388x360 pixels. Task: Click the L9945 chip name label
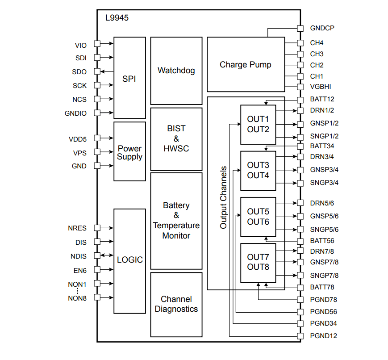point(117,18)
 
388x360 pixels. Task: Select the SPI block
point(129,79)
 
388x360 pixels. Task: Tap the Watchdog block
point(176,71)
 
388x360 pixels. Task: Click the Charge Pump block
point(246,65)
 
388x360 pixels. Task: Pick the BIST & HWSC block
point(176,138)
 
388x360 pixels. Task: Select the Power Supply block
point(129,152)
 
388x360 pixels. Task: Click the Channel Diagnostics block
point(176,304)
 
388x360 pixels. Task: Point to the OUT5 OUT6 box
point(258,217)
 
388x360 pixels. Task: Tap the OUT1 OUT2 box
point(258,125)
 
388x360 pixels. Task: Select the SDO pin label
point(79,71)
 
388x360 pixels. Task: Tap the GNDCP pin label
point(322,28)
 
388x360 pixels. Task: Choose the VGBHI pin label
point(321,87)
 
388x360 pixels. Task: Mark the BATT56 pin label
point(322,241)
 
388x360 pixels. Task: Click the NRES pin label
point(77,228)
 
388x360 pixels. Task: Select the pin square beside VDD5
point(97,138)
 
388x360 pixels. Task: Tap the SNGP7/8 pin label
point(324,276)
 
